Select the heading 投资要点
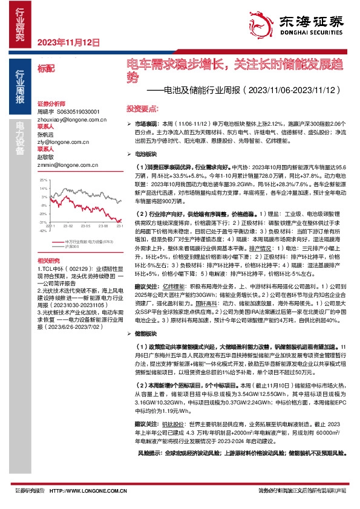click(142, 108)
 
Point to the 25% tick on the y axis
click(43, 180)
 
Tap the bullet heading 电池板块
click(145, 155)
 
